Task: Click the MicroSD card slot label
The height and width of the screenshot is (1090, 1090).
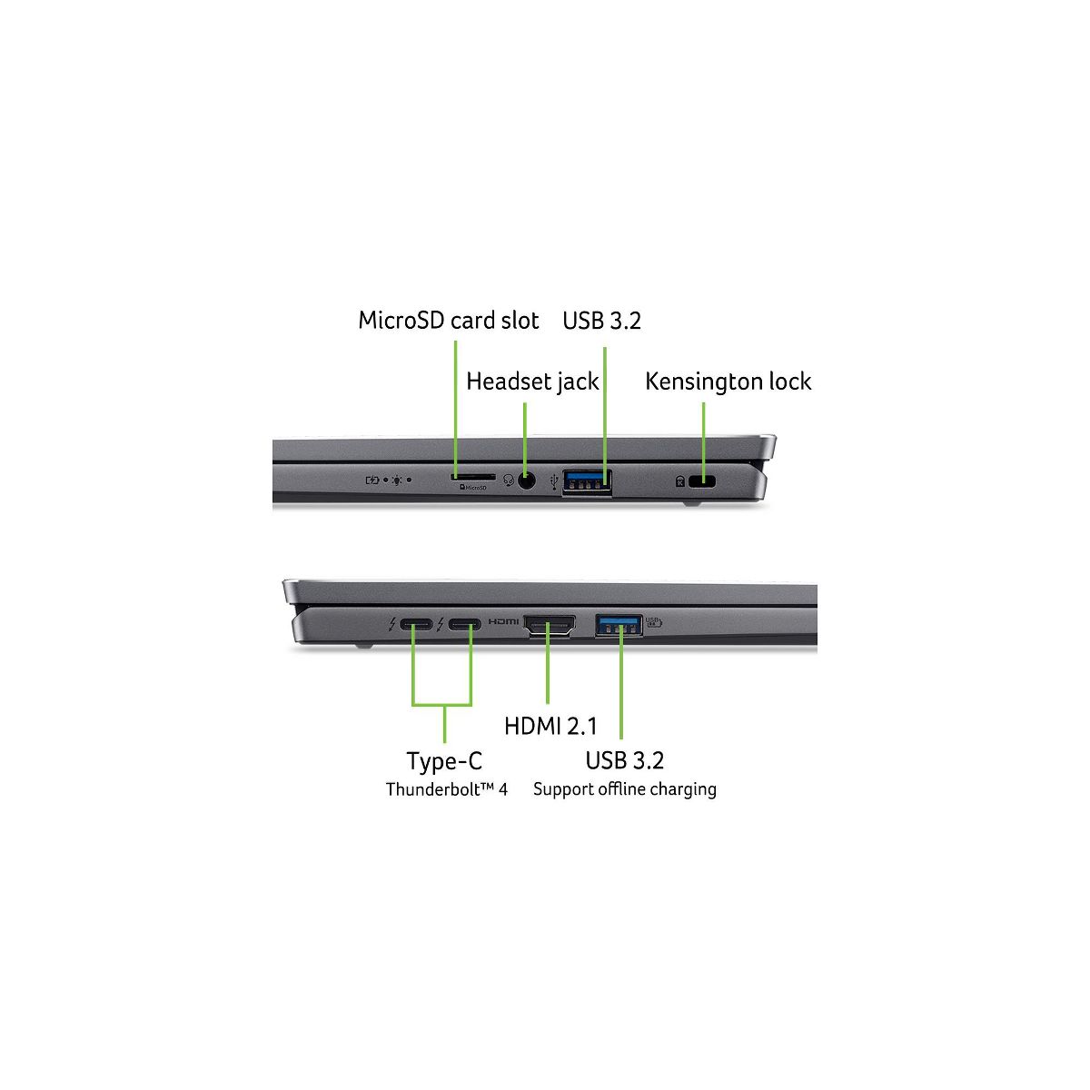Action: (x=448, y=321)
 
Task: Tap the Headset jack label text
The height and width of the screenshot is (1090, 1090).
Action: (x=532, y=381)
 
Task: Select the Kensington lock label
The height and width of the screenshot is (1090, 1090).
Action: (x=728, y=381)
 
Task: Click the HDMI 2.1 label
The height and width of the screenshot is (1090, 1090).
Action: (x=550, y=726)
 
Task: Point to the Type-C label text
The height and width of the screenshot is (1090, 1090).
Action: (x=444, y=761)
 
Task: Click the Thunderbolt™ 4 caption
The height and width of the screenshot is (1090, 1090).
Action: (x=446, y=789)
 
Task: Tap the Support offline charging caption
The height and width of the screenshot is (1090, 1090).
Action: (x=624, y=789)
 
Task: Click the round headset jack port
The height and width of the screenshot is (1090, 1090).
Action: (x=526, y=480)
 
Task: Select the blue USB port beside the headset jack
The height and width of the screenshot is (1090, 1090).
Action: (x=587, y=481)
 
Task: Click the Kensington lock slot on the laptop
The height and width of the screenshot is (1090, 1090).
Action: (x=702, y=481)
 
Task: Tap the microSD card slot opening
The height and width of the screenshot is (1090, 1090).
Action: (x=472, y=476)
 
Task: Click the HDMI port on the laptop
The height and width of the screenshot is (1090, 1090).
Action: (x=550, y=625)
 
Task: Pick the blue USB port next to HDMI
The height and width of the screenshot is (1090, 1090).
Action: (x=619, y=625)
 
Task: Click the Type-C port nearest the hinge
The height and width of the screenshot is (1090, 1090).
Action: (x=416, y=625)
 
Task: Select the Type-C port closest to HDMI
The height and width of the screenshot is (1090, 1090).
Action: (x=464, y=625)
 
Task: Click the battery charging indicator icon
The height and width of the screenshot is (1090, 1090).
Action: (x=372, y=480)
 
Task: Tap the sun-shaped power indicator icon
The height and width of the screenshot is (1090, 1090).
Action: (x=398, y=480)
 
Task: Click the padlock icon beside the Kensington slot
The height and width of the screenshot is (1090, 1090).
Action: (x=680, y=481)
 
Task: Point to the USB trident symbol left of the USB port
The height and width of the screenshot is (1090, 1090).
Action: (x=554, y=481)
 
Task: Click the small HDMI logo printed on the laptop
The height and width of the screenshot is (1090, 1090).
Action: (x=504, y=622)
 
